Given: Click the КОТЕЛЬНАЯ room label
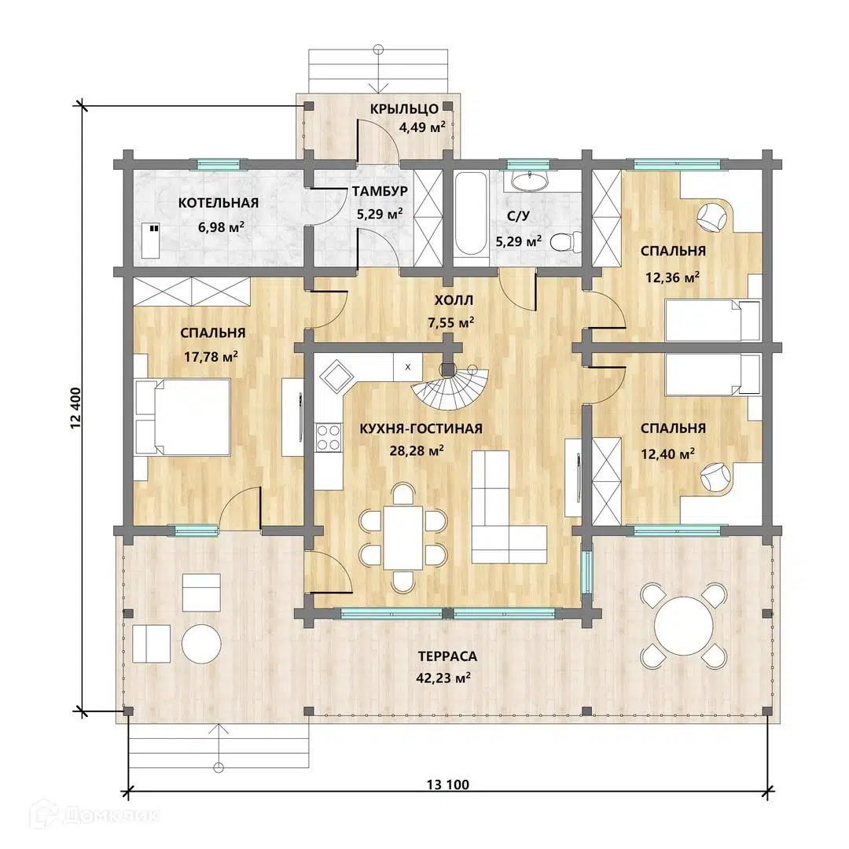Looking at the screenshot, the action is point(219,203).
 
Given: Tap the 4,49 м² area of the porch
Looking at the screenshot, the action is point(422,128).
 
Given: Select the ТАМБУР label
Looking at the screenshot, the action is point(380,191).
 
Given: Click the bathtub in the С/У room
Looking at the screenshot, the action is point(469,213).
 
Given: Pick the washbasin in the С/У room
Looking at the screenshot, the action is point(529,182).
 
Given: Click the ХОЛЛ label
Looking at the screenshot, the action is point(454,300).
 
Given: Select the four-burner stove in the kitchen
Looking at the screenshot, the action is point(328,438).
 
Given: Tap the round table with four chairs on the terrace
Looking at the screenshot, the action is point(683,626).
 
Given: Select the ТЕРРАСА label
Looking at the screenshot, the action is point(447,656).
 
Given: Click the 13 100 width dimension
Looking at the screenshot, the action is point(448,784).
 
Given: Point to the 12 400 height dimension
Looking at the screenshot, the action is point(75,408).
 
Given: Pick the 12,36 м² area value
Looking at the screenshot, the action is point(672,277).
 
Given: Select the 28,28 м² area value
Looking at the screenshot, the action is point(417,450).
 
